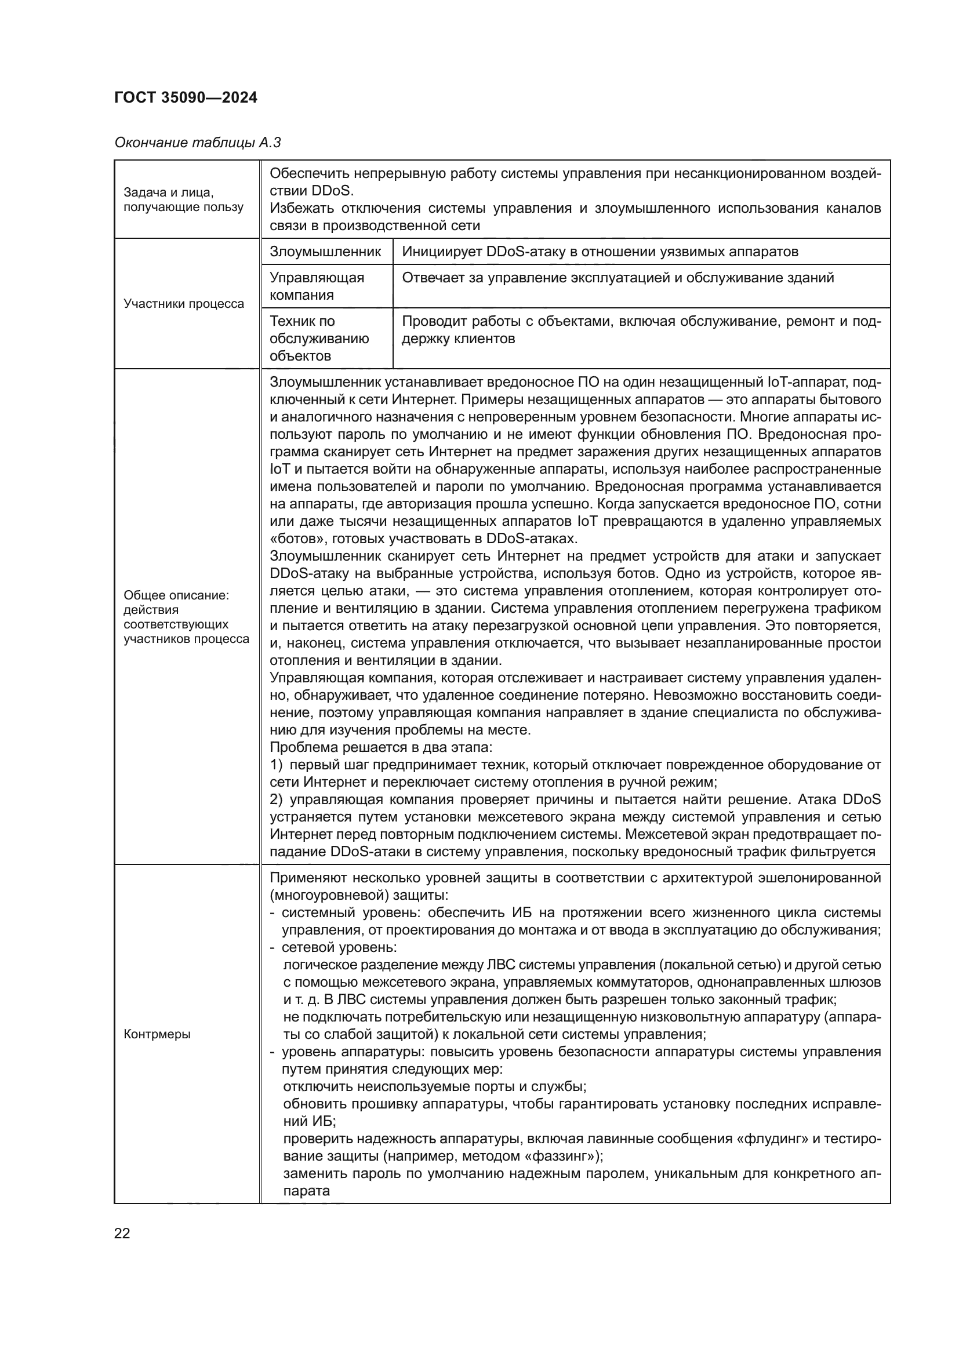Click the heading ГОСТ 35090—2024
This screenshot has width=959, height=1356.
186,97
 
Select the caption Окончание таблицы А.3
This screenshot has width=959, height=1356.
197,143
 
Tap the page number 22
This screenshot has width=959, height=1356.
122,1233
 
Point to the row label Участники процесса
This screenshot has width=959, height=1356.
184,304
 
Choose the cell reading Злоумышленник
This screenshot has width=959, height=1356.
325,252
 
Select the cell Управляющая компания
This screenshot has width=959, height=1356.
317,286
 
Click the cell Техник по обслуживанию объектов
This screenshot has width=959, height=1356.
319,339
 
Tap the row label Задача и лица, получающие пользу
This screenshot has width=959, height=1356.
183,199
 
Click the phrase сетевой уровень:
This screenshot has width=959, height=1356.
339,947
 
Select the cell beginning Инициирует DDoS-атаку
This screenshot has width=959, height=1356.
600,252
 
